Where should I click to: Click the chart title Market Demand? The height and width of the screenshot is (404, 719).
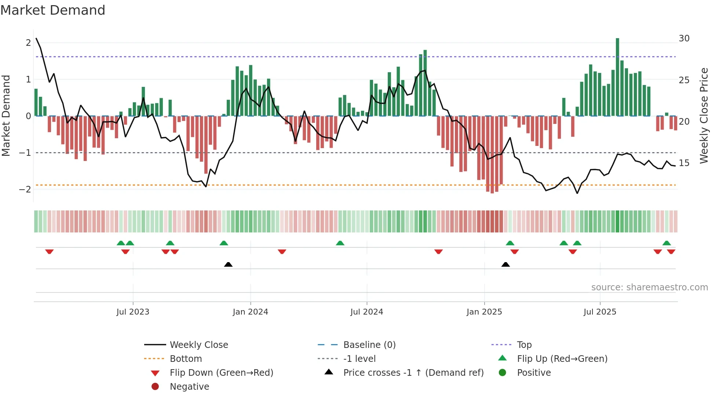click(53, 10)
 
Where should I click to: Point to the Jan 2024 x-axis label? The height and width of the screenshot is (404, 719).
click(250, 312)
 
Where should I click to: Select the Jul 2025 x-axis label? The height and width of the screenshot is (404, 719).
click(600, 312)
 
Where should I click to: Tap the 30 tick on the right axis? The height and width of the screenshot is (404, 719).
click(684, 38)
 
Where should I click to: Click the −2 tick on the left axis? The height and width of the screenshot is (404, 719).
click(25, 190)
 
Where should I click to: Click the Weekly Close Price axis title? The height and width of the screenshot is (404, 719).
click(704, 115)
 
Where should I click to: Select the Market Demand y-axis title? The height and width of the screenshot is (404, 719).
click(6, 115)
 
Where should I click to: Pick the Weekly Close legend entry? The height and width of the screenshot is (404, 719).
click(198, 345)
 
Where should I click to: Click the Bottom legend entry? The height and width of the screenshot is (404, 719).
click(186, 359)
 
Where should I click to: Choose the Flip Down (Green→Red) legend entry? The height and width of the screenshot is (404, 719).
click(221, 373)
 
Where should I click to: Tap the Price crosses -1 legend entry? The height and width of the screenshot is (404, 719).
click(413, 373)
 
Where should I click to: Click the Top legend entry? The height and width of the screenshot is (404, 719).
click(524, 345)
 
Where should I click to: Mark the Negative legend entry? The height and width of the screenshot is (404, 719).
click(189, 387)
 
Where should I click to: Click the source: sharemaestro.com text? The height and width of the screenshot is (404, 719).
click(649, 287)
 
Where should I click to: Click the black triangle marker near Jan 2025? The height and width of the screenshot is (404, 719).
click(506, 264)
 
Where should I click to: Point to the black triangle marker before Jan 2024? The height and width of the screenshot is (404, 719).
click(228, 264)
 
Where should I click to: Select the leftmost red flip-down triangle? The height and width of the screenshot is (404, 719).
click(50, 251)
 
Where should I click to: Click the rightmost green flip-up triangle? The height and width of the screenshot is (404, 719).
click(667, 243)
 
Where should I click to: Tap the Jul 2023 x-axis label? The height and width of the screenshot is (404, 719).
click(133, 312)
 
